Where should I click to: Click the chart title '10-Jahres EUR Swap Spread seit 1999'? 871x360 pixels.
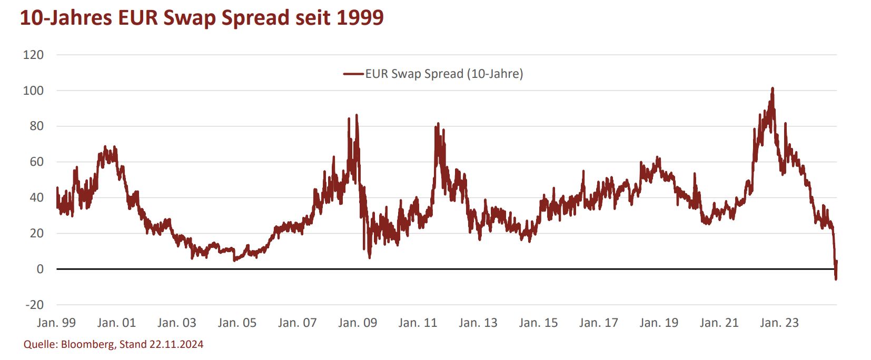[202, 18]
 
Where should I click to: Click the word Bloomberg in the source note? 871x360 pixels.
[87, 345]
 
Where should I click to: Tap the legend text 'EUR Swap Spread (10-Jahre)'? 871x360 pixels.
[444, 74]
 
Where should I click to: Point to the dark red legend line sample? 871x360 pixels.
[353, 74]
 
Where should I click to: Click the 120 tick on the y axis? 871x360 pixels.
[33, 55]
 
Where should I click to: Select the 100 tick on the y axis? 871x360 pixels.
[33, 91]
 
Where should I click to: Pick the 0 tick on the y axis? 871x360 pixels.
[40, 269]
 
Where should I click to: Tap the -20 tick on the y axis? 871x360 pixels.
[35, 305]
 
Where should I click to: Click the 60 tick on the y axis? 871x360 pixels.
[36, 162]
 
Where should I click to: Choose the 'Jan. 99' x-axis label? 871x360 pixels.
[56, 323]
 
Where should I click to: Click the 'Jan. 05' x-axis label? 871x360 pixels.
[237, 323]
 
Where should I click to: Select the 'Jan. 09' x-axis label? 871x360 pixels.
[358, 323]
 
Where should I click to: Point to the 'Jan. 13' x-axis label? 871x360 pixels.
[478, 323]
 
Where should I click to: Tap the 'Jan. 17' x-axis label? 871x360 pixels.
[598, 323]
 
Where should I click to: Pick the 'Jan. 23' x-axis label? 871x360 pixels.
[779, 323]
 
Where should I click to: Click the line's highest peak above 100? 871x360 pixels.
[773, 89]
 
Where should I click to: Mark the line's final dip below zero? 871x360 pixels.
[836, 278]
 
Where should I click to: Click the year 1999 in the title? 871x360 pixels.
[360, 18]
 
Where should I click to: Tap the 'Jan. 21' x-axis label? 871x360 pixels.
[719, 323]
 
